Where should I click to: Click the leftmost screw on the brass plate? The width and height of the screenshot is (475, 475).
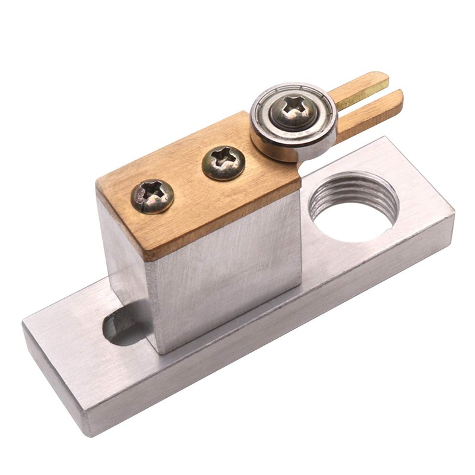153,196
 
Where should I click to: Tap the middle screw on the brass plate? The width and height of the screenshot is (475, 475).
224,163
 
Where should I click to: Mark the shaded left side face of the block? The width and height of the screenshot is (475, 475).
125,261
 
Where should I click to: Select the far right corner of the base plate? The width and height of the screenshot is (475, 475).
451,211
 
